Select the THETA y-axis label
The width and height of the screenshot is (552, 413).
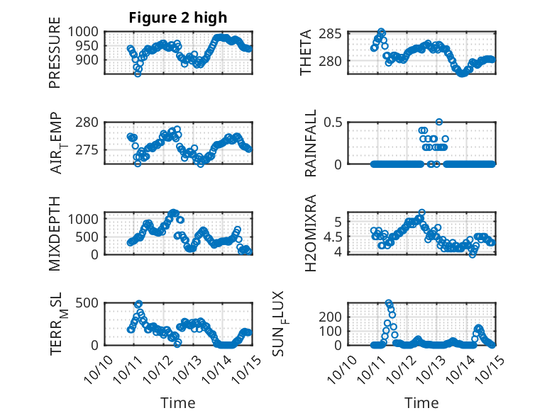coord(306,53)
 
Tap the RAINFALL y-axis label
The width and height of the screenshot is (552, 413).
coord(311,143)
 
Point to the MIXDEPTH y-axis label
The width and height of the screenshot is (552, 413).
coord(55,233)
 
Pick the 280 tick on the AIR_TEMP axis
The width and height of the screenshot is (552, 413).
coord(90,123)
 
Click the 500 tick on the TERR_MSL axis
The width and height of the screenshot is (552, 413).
coord(90,303)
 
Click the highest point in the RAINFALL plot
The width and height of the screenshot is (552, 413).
coord(439,123)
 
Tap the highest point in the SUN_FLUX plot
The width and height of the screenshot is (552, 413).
coord(389,303)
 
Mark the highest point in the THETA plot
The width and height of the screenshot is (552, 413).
coord(381,32)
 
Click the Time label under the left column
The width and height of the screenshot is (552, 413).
coord(178,403)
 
